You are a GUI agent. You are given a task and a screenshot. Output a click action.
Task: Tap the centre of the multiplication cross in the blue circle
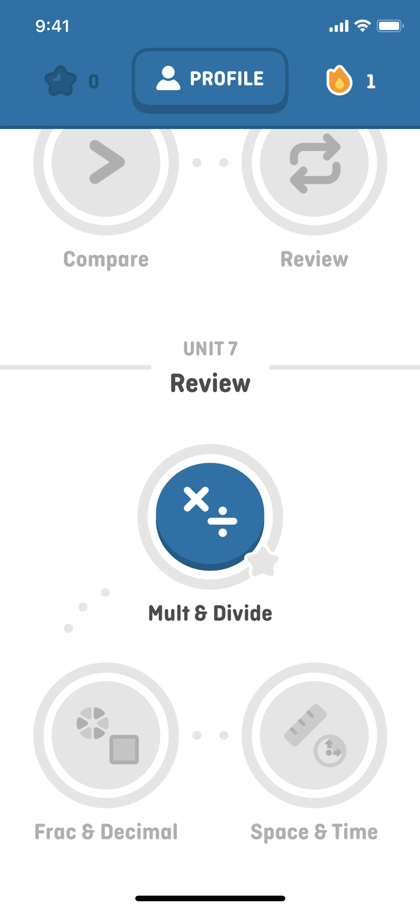[x=196, y=499]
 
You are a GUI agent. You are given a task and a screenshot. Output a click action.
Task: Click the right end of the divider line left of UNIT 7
[x=151, y=367]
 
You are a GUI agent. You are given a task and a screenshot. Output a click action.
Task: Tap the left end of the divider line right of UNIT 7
[x=269, y=367]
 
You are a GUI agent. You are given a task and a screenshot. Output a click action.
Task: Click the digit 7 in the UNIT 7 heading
[x=233, y=349]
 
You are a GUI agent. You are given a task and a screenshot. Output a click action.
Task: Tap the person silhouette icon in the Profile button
[x=168, y=78]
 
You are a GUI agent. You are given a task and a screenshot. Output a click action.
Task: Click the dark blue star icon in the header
[x=60, y=81]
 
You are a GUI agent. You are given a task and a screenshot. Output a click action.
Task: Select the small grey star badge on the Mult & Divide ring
[x=263, y=561]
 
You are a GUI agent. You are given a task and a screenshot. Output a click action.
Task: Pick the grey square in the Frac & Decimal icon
[x=124, y=749]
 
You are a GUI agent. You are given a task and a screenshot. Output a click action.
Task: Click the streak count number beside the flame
[x=371, y=81]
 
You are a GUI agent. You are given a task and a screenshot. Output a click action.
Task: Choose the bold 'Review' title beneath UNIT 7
[x=210, y=383]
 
